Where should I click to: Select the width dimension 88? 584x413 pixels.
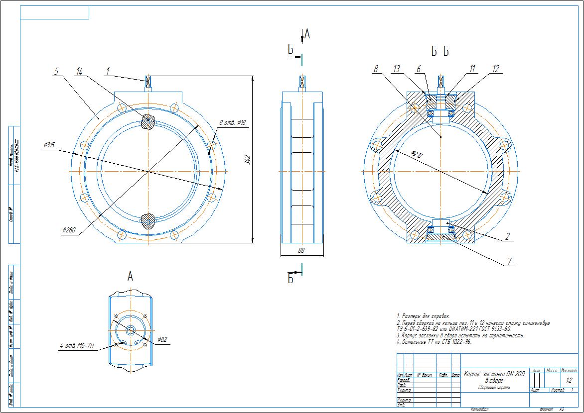click(301, 251)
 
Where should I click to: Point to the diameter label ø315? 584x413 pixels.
click(49, 145)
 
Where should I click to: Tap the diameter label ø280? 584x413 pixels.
click(70, 230)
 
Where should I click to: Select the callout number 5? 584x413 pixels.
click(57, 72)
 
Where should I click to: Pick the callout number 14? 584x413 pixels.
click(80, 72)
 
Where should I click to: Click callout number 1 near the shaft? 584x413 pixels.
click(107, 72)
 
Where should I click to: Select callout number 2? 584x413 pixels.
click(507, 237)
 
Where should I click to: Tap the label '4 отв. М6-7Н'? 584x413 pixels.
click(73, 346)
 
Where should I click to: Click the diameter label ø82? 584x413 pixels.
click(162, 340)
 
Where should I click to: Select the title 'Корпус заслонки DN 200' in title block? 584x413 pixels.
click(494, 374)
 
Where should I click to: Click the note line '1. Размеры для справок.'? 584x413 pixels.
click(423, 316)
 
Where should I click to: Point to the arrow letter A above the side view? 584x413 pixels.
click(307, 34)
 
